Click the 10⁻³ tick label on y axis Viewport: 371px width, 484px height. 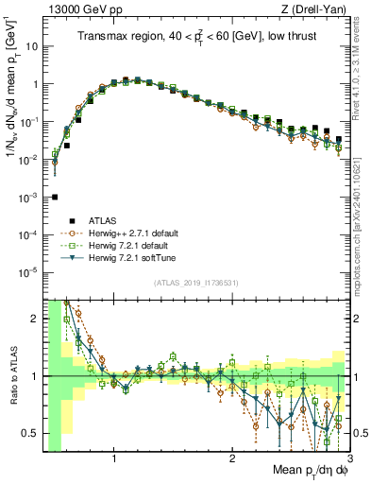[30, 197]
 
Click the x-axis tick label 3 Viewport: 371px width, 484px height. [348, 460]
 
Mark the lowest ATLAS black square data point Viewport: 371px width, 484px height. [55, 197]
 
